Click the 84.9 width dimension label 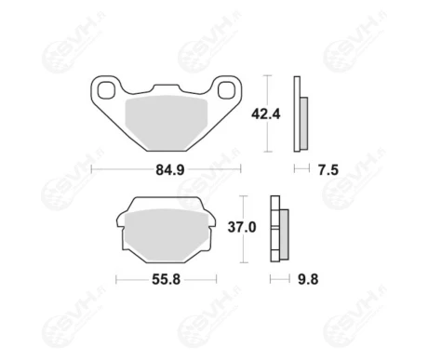pyautogui.click(x=170, y=170)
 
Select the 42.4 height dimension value pyautogui.click(x=266, y=114)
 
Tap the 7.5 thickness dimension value pyautogui.click(x=328, y=170)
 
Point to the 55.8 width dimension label pyautogui.click(x=166, y=280)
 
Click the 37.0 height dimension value pyautogui.click(x=242, y=227)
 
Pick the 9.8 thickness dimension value pyautogui.click(x=308, y=279)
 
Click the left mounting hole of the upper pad pyautogui.click(x=106, y=90)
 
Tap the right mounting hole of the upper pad pyautogui.click(x=226, y=90)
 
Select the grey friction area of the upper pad pyautogui.click(x=166, y=122)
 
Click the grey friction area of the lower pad pyautogui.click(x=166, y=235)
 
